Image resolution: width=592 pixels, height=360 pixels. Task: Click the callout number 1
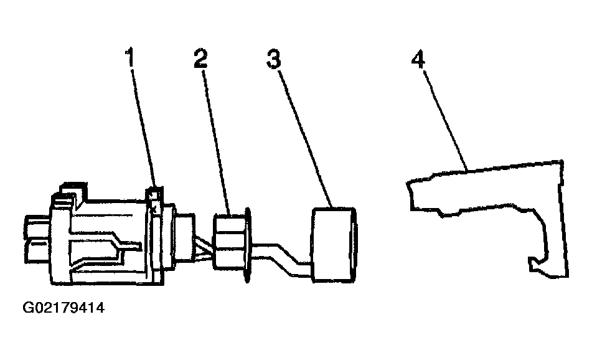point(130,57)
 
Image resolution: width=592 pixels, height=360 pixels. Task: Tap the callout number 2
point(200,58)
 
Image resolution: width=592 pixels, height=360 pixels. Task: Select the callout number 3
point(274,59)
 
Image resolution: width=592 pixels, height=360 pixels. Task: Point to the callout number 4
point(418,60)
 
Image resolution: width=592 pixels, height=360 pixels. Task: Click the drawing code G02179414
point(63,308)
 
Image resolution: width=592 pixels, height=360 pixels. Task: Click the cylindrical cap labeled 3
point(334,245)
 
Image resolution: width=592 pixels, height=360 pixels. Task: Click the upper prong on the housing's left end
point(38,227)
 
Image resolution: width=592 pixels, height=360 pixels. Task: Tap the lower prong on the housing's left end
point(38,252)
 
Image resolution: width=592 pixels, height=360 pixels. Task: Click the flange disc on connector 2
point(247,245)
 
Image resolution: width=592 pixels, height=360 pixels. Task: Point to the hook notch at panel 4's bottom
point(536,263)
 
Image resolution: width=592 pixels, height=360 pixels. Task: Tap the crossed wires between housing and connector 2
point(204,249)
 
